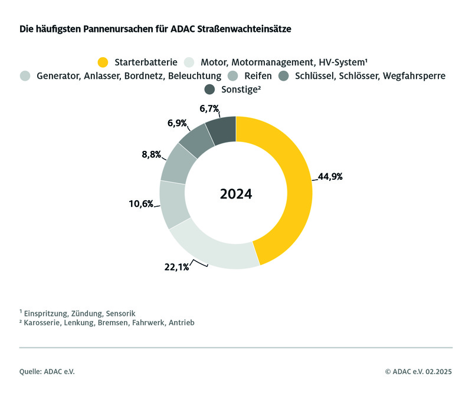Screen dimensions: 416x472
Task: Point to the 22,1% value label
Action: point(176,267)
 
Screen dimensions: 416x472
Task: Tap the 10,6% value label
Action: point(142,204)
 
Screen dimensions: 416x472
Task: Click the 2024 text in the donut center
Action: point(236,194)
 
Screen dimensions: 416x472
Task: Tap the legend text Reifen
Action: point(258,75)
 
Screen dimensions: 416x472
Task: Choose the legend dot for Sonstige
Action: point(209,90)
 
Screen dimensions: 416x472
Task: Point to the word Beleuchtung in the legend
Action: point(196,75)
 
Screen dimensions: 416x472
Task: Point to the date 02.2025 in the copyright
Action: point(437,372)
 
